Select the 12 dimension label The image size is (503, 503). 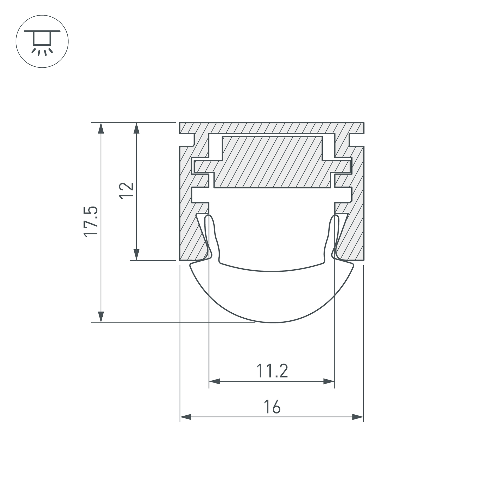(x=126, y=191)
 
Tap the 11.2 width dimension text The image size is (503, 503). (x=272, y=371)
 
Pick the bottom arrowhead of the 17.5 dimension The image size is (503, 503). (x=101, y=317)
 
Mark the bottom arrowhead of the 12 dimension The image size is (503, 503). (x=136, y=255)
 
